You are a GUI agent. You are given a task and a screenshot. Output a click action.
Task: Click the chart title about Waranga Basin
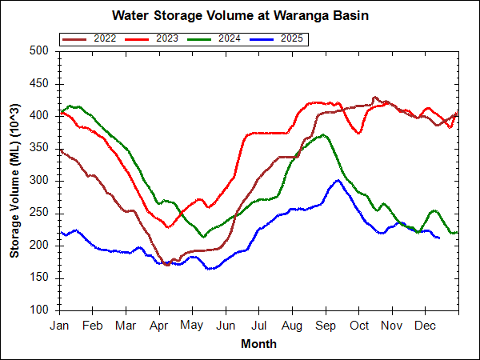tap(240, 15)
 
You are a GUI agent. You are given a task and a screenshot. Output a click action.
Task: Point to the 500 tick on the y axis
tap(42, 51)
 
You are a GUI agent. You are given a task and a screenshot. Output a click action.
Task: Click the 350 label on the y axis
tap(42, 148)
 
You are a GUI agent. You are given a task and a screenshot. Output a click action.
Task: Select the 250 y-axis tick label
tap(42, 213)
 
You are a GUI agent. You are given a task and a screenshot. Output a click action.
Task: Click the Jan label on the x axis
tap(58, 326)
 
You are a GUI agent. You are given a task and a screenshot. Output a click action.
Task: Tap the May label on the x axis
tap(192, 326)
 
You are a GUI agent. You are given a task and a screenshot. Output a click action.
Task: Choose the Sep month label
tap(326, 326)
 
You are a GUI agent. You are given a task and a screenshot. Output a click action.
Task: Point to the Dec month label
tap(426, 326)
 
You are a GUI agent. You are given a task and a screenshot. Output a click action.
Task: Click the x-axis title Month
tap(258, 344)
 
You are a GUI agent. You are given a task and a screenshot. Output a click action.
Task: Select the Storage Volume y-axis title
tap(15, 181)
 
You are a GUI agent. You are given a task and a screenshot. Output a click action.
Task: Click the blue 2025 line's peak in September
tap(338, 181)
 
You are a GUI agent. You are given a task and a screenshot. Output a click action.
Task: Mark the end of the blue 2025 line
tap(438, 238)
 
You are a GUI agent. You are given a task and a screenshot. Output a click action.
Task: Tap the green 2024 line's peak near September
tap(322, 135)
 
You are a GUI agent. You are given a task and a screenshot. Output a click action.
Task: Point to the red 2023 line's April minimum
tap(168, 227)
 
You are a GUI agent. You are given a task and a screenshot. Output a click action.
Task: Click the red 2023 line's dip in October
tap(359, 133)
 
